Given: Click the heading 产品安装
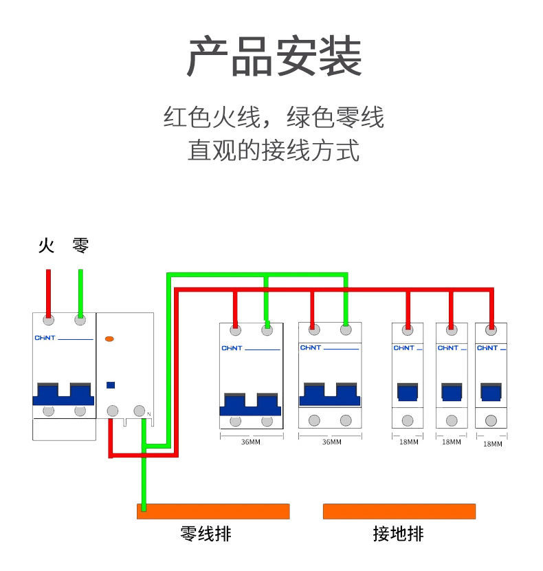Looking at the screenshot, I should pos(274,57).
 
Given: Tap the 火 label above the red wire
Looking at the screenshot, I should pos(47,245).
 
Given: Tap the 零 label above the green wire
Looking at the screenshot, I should pos(80,245).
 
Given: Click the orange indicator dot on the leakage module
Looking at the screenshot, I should pos(109,339).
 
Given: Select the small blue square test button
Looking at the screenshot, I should pos(110,386).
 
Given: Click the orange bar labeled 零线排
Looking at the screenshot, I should pos(213,511).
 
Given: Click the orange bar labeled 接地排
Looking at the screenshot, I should pos(399,511).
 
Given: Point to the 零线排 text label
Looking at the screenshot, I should pos(206,533).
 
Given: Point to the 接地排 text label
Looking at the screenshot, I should pos(399,533).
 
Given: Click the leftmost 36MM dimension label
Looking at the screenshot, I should pos(251,442).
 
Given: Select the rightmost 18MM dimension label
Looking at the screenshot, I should pos(492,444).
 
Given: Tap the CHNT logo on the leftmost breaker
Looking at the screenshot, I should pos(44,338).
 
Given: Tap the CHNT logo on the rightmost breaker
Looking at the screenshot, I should pos(487,348).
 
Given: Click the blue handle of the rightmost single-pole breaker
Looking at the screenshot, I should pos(491,393).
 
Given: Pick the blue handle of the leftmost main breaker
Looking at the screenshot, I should pos(64,396).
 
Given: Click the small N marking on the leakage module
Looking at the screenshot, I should pos(149,413).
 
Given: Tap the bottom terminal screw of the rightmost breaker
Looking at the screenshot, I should pos(491,420).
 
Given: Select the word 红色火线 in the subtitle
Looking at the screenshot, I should pos(207,118).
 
